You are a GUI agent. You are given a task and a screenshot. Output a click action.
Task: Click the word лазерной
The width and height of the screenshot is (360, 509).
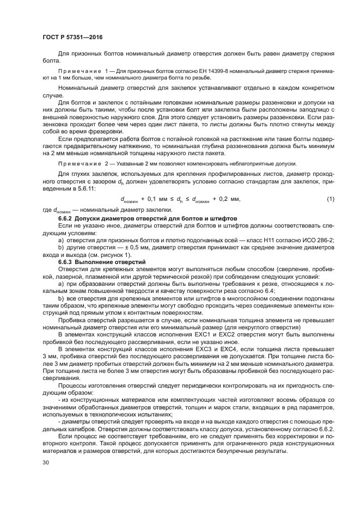click(57, 277)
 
